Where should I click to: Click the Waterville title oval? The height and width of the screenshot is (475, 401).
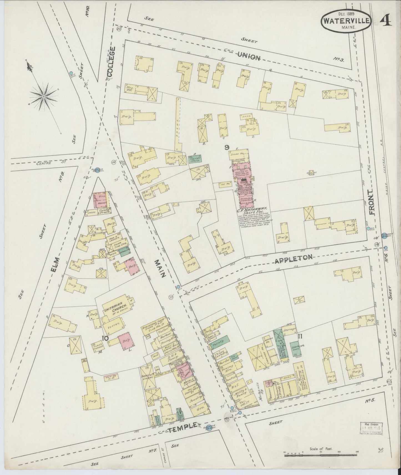coord(346,21)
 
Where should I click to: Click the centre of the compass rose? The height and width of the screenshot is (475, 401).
coord(44,96)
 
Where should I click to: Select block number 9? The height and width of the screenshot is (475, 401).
coord(227,147)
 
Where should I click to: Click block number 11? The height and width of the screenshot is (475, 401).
coord(300,336)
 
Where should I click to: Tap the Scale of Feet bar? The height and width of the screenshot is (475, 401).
coord(321,455)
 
